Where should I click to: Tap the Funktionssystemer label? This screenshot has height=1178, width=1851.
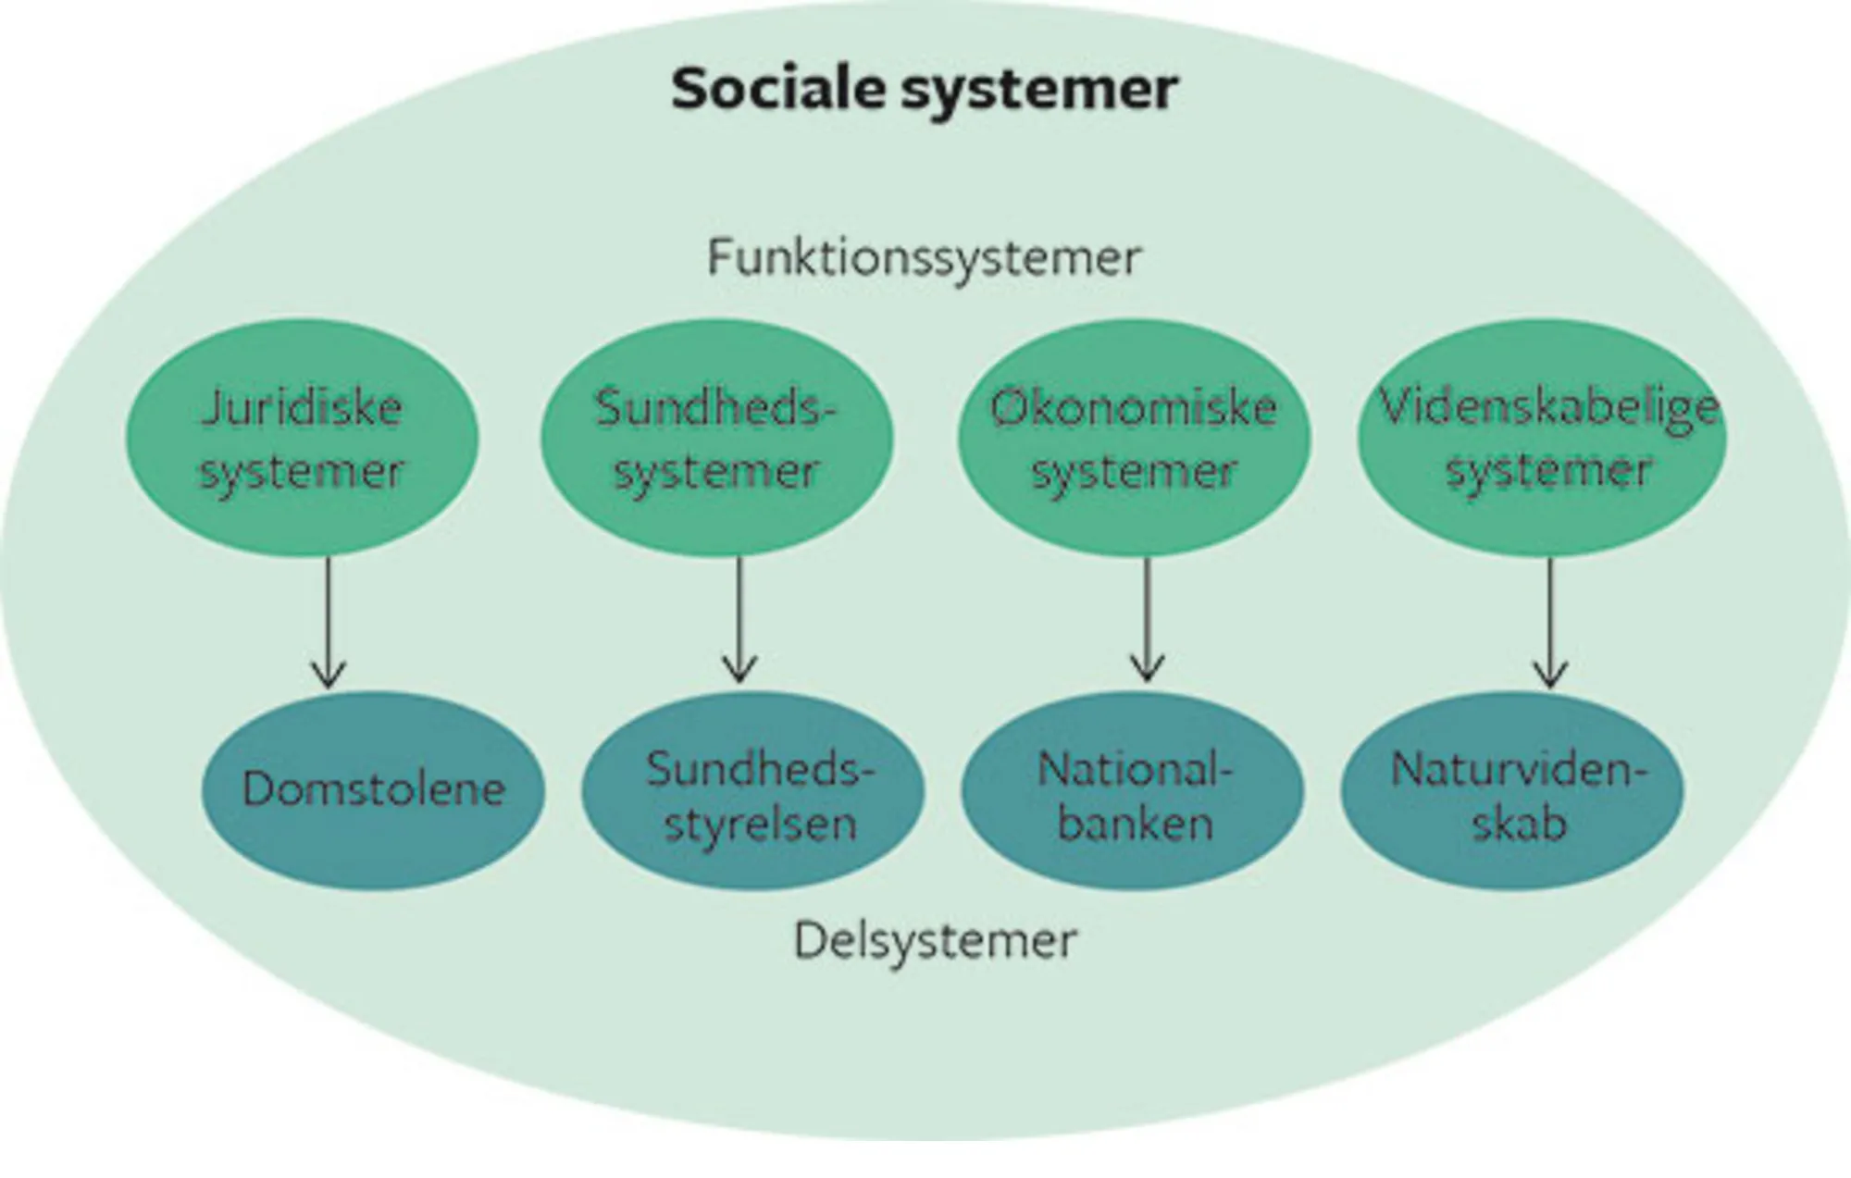[x=924, y=258]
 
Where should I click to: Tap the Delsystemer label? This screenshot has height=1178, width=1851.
[x=935, y=941]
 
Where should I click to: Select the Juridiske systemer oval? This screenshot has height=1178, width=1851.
[x=302, y=439]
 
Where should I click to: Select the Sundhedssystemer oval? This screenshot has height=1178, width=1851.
[x=716, y=439]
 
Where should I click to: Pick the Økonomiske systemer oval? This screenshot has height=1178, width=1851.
[x=1134, y=439]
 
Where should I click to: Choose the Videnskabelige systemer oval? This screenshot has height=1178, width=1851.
[x=1543, y=439]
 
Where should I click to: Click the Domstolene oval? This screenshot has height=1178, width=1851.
[x=373, y=789]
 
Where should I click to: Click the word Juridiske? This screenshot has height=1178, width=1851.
[x=302, y=408]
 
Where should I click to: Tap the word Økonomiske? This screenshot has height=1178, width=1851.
[x=1134, y=408]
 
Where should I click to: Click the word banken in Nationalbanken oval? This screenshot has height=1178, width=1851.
[x=1135, y=825]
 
